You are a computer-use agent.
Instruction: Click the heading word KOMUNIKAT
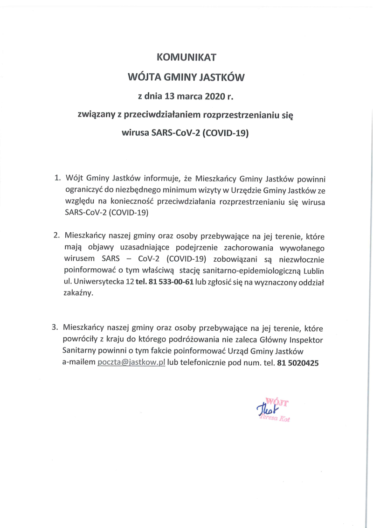pos(186,58)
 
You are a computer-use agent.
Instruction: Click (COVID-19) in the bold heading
pos(225,132)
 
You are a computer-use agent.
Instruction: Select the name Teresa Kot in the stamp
pos(276,419)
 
